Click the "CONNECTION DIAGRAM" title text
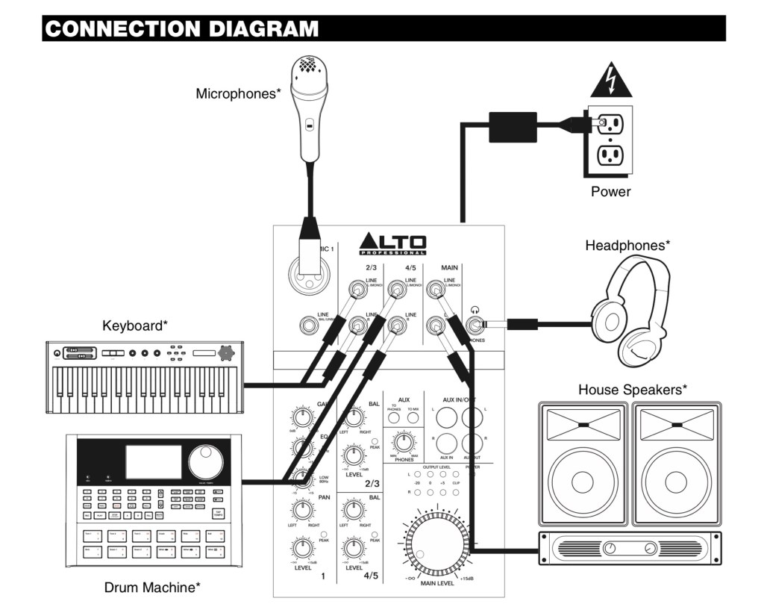click(x=181, y=29)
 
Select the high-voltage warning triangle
click(x=611, y=81)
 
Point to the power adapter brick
click(x=513, y=126)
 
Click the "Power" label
click(x=610, y=192)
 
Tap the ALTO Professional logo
click(x=392, y=244)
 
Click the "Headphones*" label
click(x=627, y=245)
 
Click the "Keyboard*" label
click(x=135, y=326)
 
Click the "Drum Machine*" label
click(x=151, y=588)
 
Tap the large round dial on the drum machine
click(x=206, y=462)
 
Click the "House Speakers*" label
click(x=632, y=390)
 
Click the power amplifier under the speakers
click(x=630, y=549)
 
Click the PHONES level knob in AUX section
click(x=404, y=441)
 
